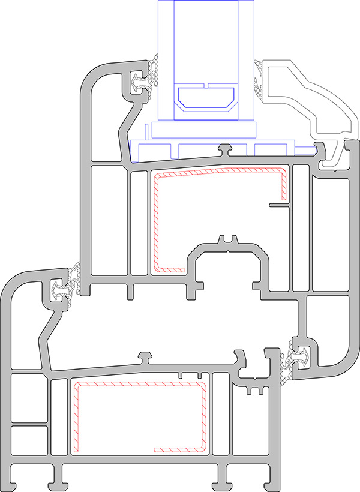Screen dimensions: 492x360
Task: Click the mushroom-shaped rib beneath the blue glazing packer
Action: [x=226, y=148]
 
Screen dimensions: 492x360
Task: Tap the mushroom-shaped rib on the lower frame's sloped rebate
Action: [x=145, y=358]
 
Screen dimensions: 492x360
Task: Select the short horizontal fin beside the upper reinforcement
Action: [x=279, y=205]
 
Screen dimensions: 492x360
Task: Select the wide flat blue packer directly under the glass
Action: [x=204, y=130]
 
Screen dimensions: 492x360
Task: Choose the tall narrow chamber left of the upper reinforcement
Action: [x=139, y=222]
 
